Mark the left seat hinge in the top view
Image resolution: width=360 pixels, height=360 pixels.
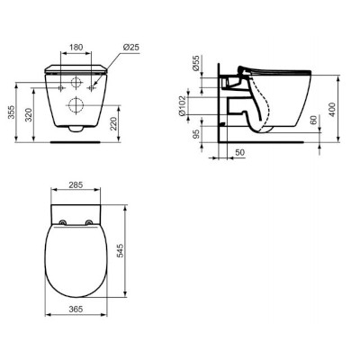click(63, 222)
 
